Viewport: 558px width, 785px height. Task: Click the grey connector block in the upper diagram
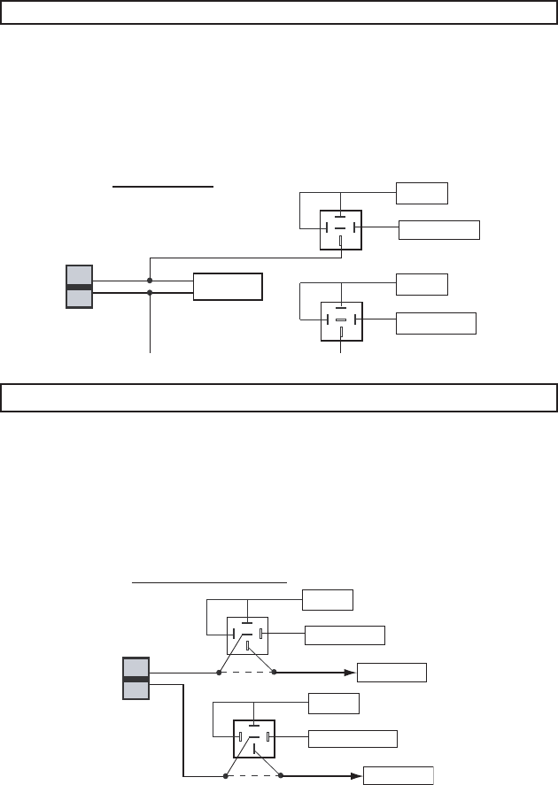click(x=80, y=286)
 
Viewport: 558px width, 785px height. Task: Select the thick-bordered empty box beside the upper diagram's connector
click(x=228, y=287)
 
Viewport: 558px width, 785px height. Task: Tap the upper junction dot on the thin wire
click(x=150, y=281)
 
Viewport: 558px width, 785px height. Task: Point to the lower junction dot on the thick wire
click(x=150, y=292)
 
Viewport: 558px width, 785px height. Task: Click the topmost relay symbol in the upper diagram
click(x=340, y=227)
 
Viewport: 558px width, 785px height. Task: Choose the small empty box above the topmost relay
click(x=422, y=193)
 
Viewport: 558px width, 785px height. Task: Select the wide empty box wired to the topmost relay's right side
click(x=439, y=230)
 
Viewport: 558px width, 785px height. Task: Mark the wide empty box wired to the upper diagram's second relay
click(x=435, y=322)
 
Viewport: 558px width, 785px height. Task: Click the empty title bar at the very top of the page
click(x=278, y=13)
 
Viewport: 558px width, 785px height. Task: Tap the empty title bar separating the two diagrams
click(x=278, y=397)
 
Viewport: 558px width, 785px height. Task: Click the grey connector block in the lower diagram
click(x=136, y=678)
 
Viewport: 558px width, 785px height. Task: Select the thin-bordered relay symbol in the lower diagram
click(x=247, y=635)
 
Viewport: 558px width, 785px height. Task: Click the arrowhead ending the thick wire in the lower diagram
click(x=357, y=775)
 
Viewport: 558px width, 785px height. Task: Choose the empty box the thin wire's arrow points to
click(x=391, y=673)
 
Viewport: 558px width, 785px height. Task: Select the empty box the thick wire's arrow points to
click(x=399, y=775)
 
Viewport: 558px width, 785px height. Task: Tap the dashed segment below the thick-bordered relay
click(x=254, y=775)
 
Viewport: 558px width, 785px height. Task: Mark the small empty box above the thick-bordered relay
click(x=334, y=704)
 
